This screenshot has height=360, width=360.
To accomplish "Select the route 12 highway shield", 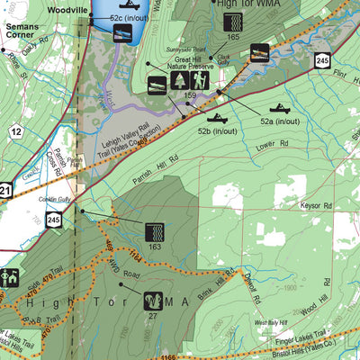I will point(16,131).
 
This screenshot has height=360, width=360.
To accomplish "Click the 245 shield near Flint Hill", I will point(322,59).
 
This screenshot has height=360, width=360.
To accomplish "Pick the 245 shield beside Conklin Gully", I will point(56,219).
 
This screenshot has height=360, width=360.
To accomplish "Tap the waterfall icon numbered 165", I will point(232,17).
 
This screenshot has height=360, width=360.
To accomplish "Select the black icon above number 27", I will point(153,299).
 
